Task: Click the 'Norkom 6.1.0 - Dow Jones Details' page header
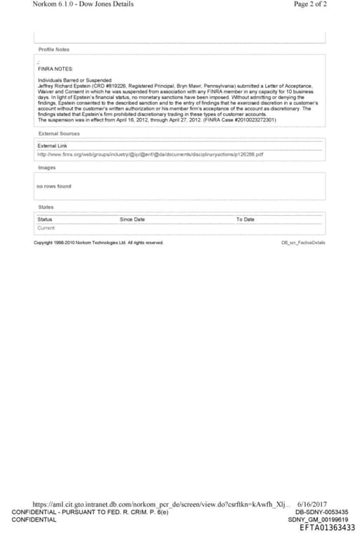pyautogui.click(x=83, y=4)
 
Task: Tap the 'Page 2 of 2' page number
pyautogui.click(x=310, y=4)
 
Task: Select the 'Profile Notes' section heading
pyautogui.click(x=54, y=49)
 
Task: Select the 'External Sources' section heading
pyautogui.click(x=59, y=133)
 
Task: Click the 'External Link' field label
pyautogui.click(x=52, y=146)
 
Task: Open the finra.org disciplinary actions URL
pyautogui.click(x=150, y=154)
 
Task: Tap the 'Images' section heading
pyautogui.click(x=46, y=167)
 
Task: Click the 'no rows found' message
pyautogui.click(x=53, y=186)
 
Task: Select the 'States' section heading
pyautogui.click(x=46, y=207)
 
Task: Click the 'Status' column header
pyautogui.click(x=44, y=219)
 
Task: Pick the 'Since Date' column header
pyautogui.click(x=132, y=219)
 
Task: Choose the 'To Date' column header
pyautogui.click(x=245, y=219)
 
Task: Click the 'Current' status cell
pyautogui.click(x=46, y=228)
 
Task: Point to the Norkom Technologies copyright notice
pyautogui.click(x=99, y=243)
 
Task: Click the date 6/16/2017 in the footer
pyautogui.click(x=312, y=504)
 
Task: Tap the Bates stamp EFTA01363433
pyautogui.click(x=327, y=528)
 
